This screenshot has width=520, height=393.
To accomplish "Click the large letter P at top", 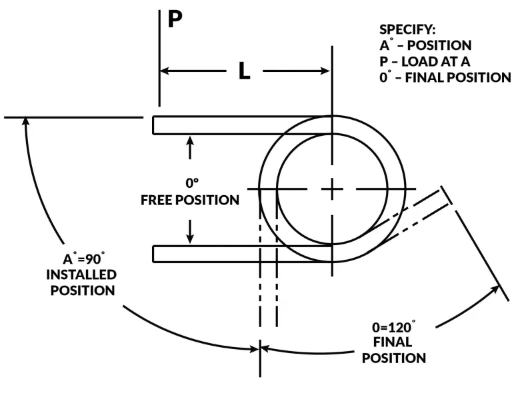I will tap(175, 18).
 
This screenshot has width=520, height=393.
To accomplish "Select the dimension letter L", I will tap(245, 71).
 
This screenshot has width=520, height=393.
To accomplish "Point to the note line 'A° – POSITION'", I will tap(425, 46).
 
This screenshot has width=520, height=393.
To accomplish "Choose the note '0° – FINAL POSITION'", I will tap(445, 77).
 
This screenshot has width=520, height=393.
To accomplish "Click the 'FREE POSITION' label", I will tap(190, 200).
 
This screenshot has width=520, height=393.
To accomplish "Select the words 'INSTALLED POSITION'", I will tap(81, 282).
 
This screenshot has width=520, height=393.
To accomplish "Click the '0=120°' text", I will tap(394, 327).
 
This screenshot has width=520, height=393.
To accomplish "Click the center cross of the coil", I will tap(332, 189).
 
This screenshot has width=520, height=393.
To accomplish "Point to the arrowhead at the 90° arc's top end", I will tap(25, 122).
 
